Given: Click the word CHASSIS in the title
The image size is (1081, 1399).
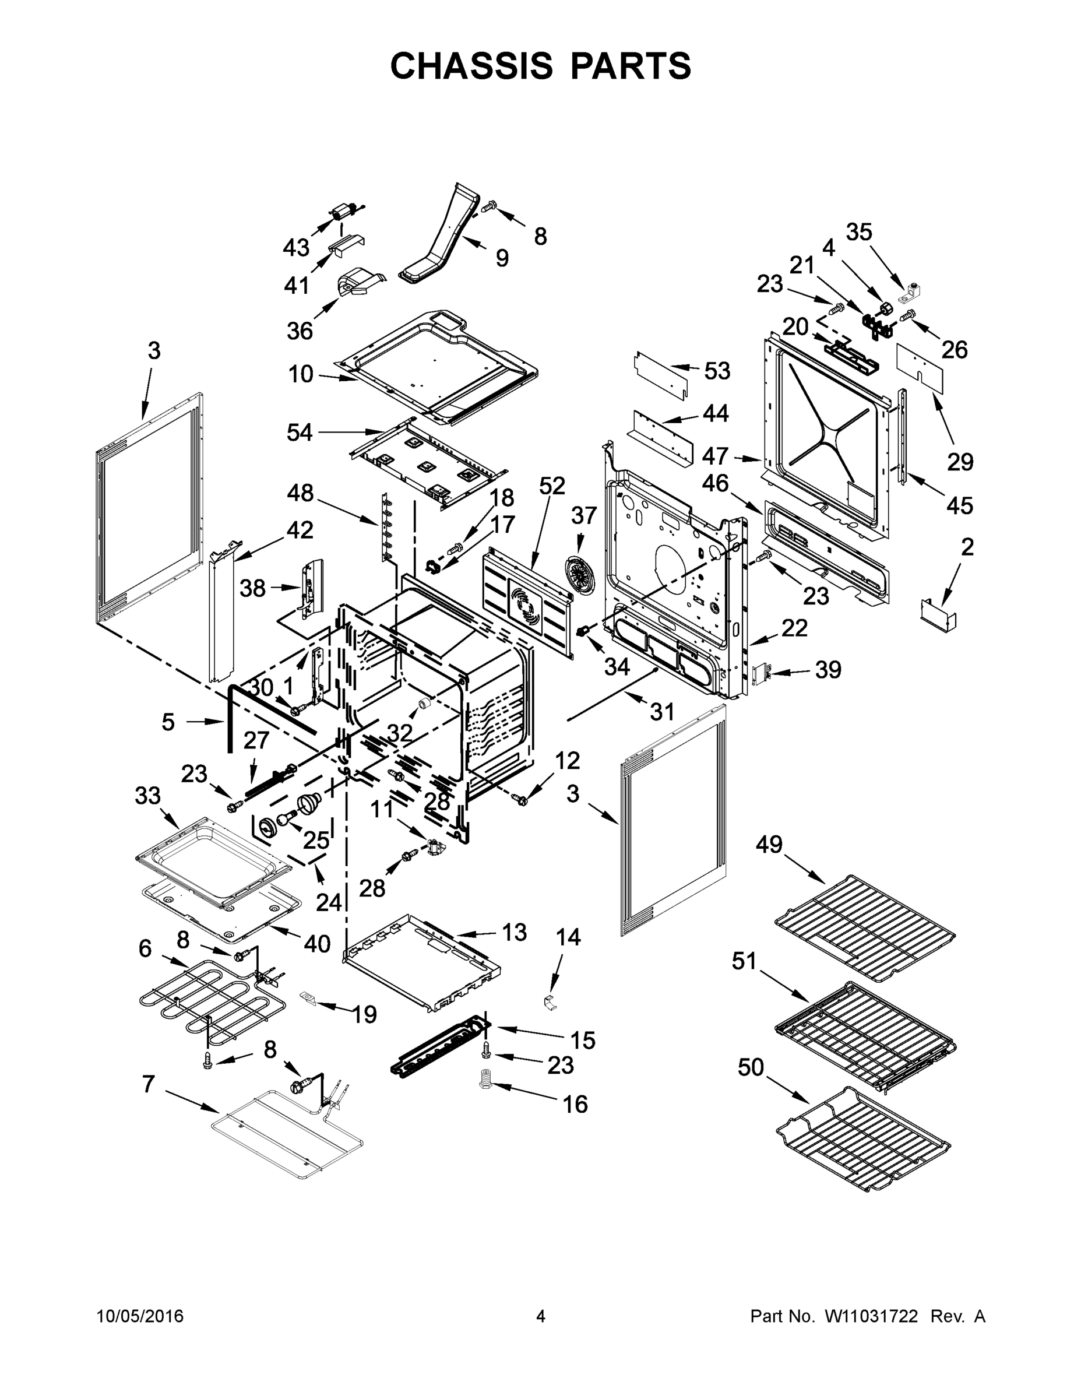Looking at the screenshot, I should pyautogui.click(x=471, y=66).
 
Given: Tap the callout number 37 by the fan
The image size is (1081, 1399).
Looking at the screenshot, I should pyautogui.click(x=583, y=515).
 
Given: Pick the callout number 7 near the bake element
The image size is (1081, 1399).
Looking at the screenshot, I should pyautogui.click(x=149, y=1084).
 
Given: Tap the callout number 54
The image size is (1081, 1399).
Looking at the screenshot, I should pyautogui.click(x=299, y=433).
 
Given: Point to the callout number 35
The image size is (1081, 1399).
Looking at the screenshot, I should pyautogui.click(x=859, y=232).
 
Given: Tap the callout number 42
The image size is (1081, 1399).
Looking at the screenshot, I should pyautogui.click(x=300, y=530).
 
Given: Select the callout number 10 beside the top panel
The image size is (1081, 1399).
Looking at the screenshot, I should pyautogui.click(x=300, y=374).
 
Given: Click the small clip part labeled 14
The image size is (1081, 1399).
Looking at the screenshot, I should pyautogui.click(x=550, y=1003).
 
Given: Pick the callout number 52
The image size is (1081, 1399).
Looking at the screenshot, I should pyautogui.click(x=551, y=486).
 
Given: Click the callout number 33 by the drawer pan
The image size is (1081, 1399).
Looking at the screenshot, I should pyautogui.click(x=147, y=796).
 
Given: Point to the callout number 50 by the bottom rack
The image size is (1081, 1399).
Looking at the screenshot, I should pyautogui.click(x=751, y=1067).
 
